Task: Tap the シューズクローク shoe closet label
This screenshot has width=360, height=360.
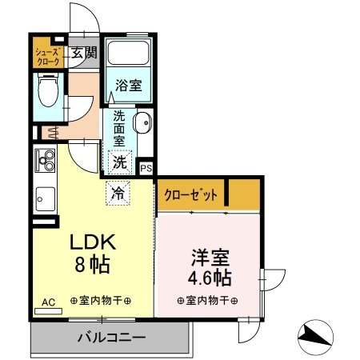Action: click(x=46, y=57)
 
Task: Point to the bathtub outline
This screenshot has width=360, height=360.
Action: click(x=128, y=54)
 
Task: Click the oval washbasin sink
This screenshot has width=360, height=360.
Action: click(x=142, y=125)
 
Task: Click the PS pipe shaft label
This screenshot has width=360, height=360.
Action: click(x=146, y=168)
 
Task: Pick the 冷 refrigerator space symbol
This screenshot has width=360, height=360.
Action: click(x=117, y=192)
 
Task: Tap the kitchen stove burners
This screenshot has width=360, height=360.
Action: click(x=44, y=159)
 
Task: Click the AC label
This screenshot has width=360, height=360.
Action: click(x=48, y=302)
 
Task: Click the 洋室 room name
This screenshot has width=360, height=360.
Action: click(x=210, y=258)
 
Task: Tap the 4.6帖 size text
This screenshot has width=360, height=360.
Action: click(x=210, y=279)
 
